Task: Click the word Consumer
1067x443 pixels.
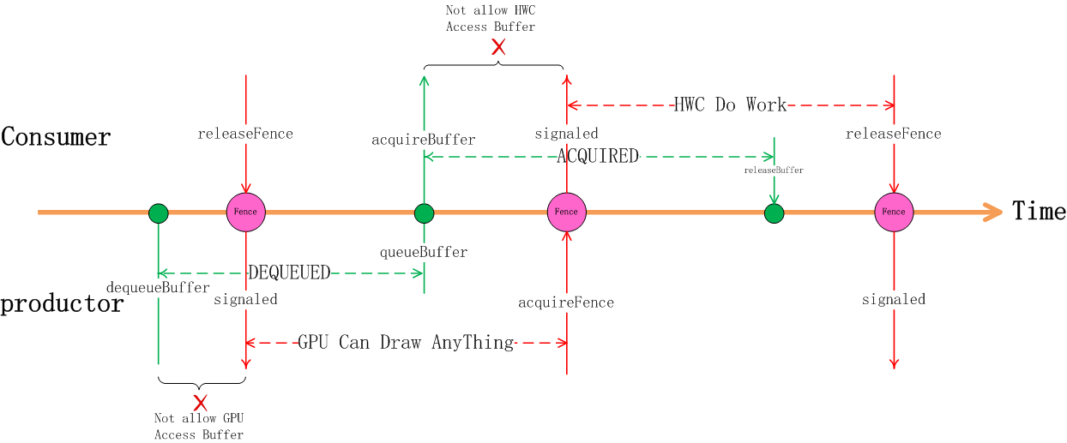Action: [x=56, y=137]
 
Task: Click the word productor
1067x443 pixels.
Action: [x=62, y=304]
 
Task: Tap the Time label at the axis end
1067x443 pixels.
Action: [x=1039, y=211]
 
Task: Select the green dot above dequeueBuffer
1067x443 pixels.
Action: [x=158, y=213]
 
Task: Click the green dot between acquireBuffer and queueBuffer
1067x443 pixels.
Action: [x=424, y=213]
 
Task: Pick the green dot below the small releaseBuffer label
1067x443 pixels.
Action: [x=774, y=213]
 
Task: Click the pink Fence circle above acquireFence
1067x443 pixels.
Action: [x=566, y=213]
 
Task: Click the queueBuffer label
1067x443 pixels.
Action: [x=424, y=253]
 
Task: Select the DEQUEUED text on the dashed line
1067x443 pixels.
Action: [x=289, y=273]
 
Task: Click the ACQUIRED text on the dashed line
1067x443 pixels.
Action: [x=598, y=157]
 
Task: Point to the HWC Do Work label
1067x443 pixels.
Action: [x=730, y=105]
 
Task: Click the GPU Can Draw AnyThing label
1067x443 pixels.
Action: [x=406, y=343]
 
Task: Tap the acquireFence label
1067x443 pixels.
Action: [x=566, y=302]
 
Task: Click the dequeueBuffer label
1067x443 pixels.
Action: [x=158, y=287]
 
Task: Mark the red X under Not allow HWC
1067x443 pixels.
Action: [x=498, y=47]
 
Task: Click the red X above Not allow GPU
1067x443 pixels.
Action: [x=200, y=403]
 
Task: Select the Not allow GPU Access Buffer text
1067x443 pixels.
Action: [x=199, y=427]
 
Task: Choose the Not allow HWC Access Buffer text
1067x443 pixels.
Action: [x=490, y=19]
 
